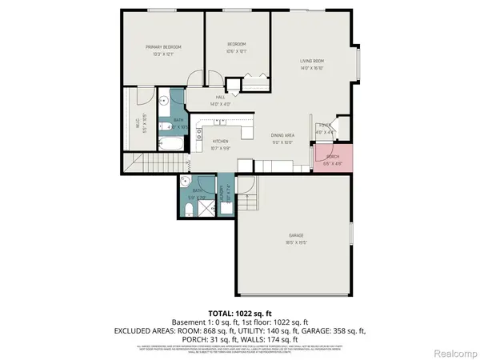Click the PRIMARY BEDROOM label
click(163, 47)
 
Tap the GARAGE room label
click(296, 235)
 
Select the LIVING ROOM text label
click(311, 60)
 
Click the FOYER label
click(325, 126)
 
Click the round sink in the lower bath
click(186, 181)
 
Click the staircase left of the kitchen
click(141, 167)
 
